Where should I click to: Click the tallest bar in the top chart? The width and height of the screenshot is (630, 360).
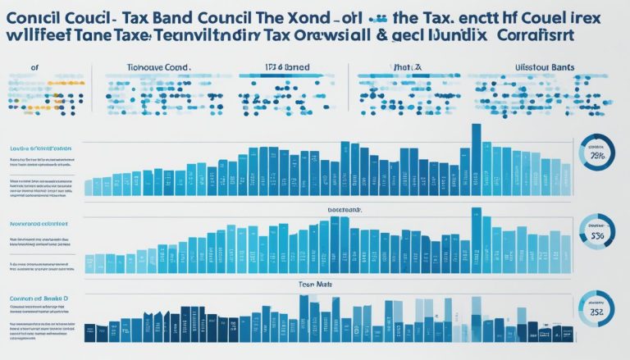coord(476,160)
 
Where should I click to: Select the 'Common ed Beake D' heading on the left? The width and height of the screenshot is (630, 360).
coord(39,300)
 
